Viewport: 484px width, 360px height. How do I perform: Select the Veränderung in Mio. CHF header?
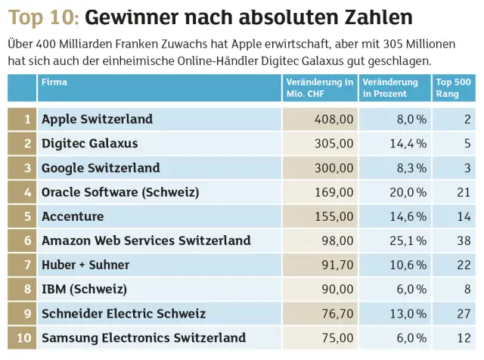(320, 88)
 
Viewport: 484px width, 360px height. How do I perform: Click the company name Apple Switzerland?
(97, 119)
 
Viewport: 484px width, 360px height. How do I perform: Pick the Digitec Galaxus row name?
(90, 143)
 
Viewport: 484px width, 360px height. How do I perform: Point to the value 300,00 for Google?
(334, 168)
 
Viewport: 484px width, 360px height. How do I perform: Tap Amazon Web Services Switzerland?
(146, 241)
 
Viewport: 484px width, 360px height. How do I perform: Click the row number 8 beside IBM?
(27, 289)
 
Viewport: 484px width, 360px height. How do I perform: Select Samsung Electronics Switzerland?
(144, 337)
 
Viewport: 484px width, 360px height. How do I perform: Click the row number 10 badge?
(23, 337)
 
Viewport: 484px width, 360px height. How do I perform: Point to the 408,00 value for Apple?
(334, 119)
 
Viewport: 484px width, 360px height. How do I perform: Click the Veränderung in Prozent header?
(390, 88)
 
